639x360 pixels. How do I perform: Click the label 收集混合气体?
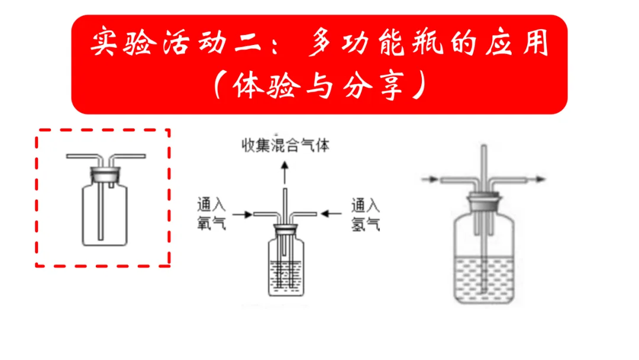click(x=285, y=145)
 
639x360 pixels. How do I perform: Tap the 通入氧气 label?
click(x=211, y=214)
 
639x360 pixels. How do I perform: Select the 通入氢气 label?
click(x=365, y=214)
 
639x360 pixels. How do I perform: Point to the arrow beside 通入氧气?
click(x=242, y=213)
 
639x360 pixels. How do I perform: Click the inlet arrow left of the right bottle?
click(x=431, y=178)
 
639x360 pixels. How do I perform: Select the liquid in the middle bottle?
click(x=287, y=275)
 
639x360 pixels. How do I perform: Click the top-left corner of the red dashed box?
click(x=37, y=130)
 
